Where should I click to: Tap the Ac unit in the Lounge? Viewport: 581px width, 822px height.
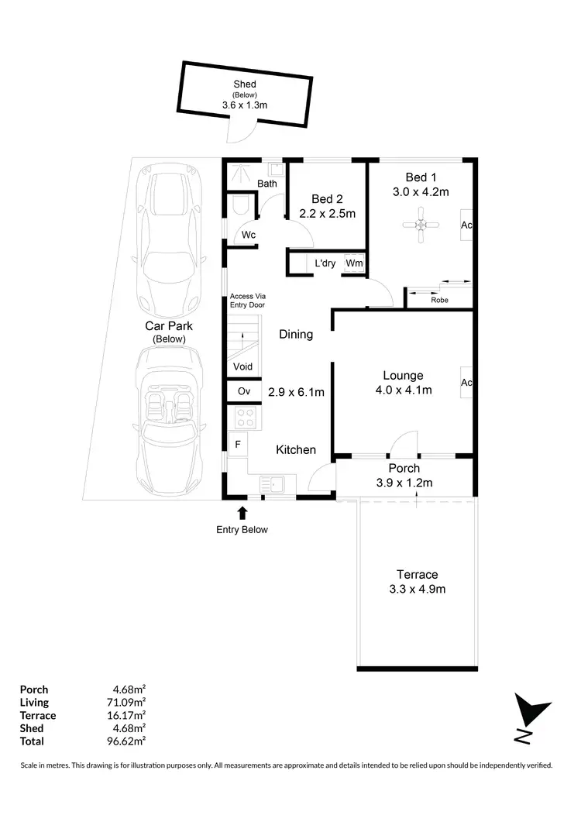click(x=467, y=382)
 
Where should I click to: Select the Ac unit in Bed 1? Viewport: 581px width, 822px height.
click(x=467, y=225)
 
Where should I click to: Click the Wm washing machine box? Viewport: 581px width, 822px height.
click(x=354, y=263)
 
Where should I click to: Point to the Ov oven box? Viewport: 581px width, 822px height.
click(x=244, y=391)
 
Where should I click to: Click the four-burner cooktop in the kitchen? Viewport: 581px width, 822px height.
click(x=246, y=418)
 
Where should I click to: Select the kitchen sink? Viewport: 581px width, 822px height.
click(x=273, y=485)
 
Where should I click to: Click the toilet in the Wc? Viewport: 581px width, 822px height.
click(x=240, y=205)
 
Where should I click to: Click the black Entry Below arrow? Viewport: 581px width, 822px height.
click(x=242, y=512)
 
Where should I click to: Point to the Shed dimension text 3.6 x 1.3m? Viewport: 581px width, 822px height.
click(x=245, y=105)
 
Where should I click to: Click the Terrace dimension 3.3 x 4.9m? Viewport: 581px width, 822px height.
click(x=418, y=588)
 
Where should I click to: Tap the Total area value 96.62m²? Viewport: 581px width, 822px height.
click(x=129, y=741)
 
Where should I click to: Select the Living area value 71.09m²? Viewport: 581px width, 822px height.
click(x=129, y=703)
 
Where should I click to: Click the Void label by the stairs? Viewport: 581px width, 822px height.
click(x=243, y=366)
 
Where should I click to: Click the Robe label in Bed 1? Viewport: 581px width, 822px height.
click(x=439, y=300)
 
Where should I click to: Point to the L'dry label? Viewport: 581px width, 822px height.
click(x=325, y=263)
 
